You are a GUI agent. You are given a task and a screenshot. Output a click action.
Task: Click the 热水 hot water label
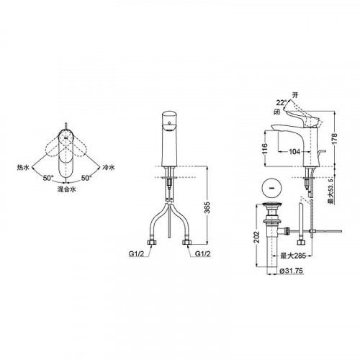23,167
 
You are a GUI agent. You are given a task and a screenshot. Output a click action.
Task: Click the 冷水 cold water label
109,167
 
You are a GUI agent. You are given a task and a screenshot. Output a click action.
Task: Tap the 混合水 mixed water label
66,189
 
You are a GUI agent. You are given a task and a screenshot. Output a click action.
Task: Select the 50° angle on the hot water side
48,178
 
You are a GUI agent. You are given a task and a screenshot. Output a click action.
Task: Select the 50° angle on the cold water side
86,178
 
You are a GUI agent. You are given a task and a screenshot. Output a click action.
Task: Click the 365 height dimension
207,208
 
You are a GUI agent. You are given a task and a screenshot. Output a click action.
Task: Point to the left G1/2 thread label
137,253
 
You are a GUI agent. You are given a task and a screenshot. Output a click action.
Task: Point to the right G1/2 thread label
203,253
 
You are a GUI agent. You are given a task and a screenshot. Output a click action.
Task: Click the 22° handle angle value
282,103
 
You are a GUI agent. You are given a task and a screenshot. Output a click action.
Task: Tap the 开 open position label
295,95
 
